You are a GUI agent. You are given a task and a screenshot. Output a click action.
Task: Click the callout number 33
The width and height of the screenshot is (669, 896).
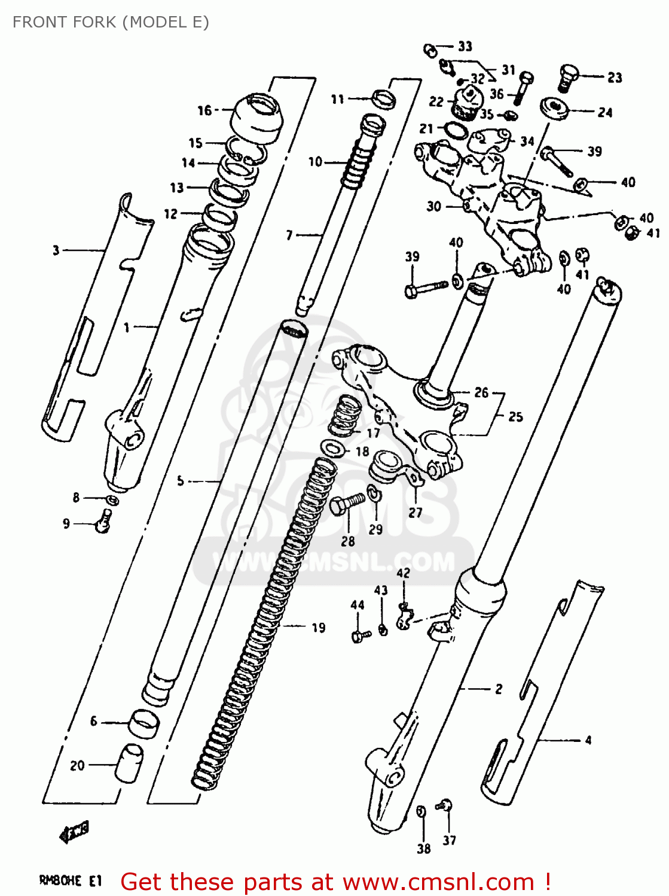pos(465,46)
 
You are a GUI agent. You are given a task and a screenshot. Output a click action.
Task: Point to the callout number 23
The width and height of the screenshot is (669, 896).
pos(615,78)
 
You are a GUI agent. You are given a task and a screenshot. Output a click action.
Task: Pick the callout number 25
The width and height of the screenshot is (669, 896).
pos(515,416)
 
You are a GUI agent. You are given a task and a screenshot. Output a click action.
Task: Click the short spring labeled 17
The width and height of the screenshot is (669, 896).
pos(346,415)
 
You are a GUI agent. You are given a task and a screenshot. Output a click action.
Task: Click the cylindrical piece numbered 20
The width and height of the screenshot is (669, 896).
pos(129,763)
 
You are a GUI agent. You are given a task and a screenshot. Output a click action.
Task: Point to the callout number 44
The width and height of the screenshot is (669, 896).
pos(358,605)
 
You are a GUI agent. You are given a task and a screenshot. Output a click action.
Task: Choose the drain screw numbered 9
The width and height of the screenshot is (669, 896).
pos(104,521)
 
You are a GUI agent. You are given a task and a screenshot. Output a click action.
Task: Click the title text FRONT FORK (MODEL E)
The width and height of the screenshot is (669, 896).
pos(111,22)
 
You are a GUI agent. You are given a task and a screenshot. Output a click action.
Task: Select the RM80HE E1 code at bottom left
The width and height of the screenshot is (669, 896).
pos(71,880)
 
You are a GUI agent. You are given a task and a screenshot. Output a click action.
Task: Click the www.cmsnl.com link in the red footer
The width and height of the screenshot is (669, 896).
pos(438,882)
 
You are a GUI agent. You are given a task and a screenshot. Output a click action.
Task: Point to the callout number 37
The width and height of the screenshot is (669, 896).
pos(450,840)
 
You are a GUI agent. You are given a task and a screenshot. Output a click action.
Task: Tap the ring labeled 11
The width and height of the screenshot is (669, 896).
pos(384,99)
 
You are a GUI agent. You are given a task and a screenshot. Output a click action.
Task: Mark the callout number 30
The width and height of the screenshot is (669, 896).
pos(434,206)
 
